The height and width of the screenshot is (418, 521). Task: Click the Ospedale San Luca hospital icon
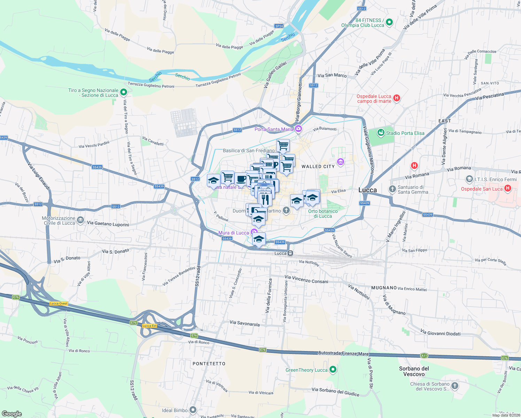(508, 188)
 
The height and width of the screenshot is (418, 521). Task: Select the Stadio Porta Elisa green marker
(381, 133)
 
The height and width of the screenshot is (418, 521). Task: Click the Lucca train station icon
(290, 253)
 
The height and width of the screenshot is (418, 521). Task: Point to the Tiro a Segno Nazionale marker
(124, 92)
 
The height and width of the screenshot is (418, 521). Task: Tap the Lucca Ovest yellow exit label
(59, 303)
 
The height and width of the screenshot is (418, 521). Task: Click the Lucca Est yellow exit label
(149, 326)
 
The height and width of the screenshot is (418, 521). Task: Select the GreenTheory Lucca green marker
(333, 370)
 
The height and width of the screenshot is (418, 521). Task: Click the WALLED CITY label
(318, 167)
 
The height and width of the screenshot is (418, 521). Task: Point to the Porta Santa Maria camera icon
(298, 129)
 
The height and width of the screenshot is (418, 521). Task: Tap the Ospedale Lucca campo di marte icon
(396, 98)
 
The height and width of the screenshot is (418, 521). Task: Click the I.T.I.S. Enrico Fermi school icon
(469, 179)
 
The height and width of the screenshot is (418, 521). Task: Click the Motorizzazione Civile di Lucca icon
(80, 220)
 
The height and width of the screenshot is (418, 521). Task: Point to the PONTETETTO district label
(209, 364)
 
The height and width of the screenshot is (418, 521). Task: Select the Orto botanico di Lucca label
(323, 214)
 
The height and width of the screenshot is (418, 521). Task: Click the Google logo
(11, 413)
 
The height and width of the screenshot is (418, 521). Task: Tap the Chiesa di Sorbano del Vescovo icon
(455, 386)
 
